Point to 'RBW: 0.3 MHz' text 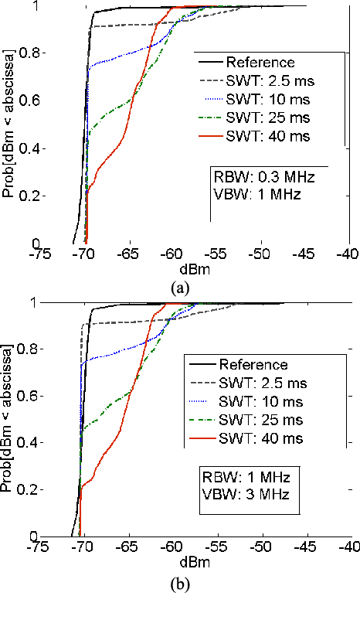point(255,177)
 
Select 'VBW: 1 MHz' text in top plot point(250,195)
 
